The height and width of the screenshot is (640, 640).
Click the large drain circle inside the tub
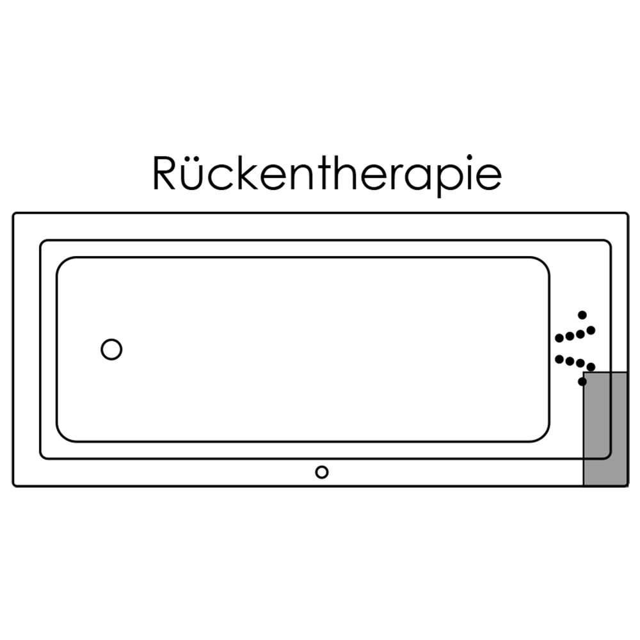click(111, 349)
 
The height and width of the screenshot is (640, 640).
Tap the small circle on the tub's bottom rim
click(322, 472)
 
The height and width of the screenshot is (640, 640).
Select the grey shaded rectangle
click(605, 428)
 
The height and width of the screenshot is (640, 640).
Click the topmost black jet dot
click(582, 315)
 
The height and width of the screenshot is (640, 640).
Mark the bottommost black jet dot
click(582, 381)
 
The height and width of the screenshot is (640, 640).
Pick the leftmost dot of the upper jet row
click(559, 338)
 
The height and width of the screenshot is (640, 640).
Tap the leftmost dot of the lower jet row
click(559, 359)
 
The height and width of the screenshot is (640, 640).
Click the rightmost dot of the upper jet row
click(591, 330)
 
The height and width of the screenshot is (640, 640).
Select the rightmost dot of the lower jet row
click(591, 367)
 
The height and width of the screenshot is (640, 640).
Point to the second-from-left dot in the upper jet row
click(570, 336)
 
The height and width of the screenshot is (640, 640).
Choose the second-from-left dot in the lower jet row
click(570, 362)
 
